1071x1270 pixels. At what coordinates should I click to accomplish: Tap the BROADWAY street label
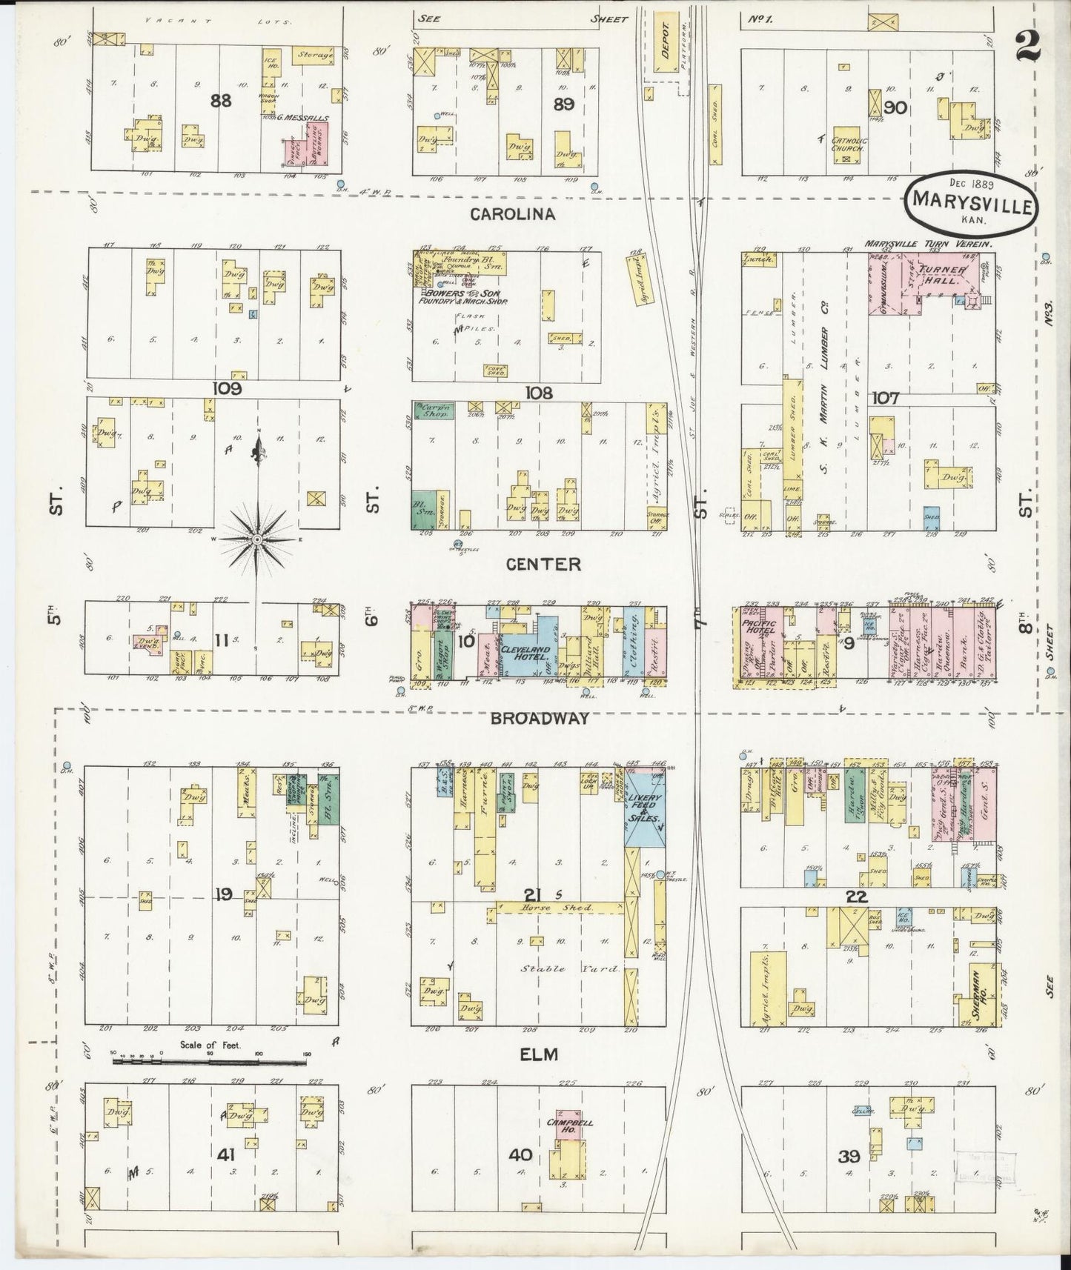(x=539, y=717)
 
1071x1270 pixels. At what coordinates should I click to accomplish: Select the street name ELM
(x=539, y=1054)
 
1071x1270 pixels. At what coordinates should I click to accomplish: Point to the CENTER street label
(x=543, y=565)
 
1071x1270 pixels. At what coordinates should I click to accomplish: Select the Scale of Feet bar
(x=209, y=1062)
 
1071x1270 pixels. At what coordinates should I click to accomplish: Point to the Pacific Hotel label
(x=753, y=625)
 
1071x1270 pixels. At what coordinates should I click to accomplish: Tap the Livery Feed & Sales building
(x=644, y=805)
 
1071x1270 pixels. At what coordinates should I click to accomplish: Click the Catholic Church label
(x=846, y=144)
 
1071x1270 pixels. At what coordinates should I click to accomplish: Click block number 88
(x=221, y=101)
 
